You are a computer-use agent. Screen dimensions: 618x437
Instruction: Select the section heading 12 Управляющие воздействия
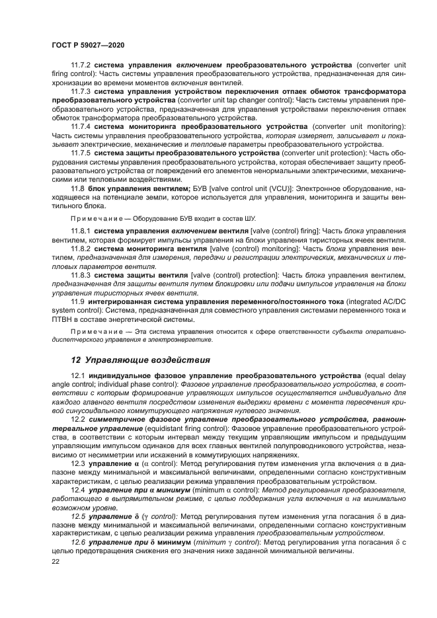140,360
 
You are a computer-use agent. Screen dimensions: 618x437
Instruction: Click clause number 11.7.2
81,66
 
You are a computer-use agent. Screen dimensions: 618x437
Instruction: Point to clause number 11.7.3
81,91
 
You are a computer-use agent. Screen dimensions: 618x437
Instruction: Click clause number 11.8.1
81,230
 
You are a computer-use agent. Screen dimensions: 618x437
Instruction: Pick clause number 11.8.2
81,248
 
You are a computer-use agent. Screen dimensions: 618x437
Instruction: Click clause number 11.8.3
81,274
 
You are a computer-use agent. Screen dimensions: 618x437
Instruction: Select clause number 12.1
77,375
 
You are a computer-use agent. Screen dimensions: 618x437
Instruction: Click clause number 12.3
77,463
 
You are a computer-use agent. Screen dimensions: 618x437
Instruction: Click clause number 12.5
77,516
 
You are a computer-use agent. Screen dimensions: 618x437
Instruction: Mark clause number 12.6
77,542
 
